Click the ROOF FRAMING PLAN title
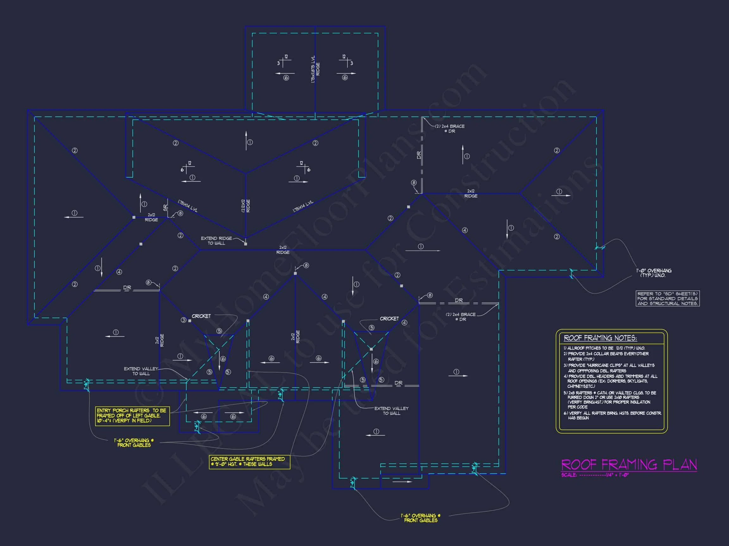coord(629,464)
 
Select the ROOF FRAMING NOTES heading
coord(600,338)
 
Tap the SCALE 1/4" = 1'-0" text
coord(595,475)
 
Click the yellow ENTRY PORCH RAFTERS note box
coord(132,416)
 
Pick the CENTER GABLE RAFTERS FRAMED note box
coord(249,461)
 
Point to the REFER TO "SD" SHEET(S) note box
coord(667,299)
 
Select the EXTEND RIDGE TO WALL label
coord(216,240)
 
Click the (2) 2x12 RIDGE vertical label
coord(246,206)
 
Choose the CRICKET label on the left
coord(201,316)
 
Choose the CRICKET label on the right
coord(389,318)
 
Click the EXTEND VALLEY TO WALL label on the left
coord(141,371)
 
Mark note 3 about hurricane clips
coord(609,368)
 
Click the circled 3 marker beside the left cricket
coord(184,320)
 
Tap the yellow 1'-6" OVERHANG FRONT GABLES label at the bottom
coord(421,518)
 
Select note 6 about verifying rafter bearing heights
coord(612,415)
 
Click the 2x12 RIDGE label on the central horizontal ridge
coord(283,250)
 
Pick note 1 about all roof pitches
coord(604,348)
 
